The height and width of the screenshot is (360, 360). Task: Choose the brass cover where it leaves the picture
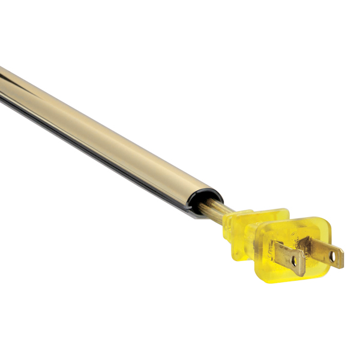(2, 84)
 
